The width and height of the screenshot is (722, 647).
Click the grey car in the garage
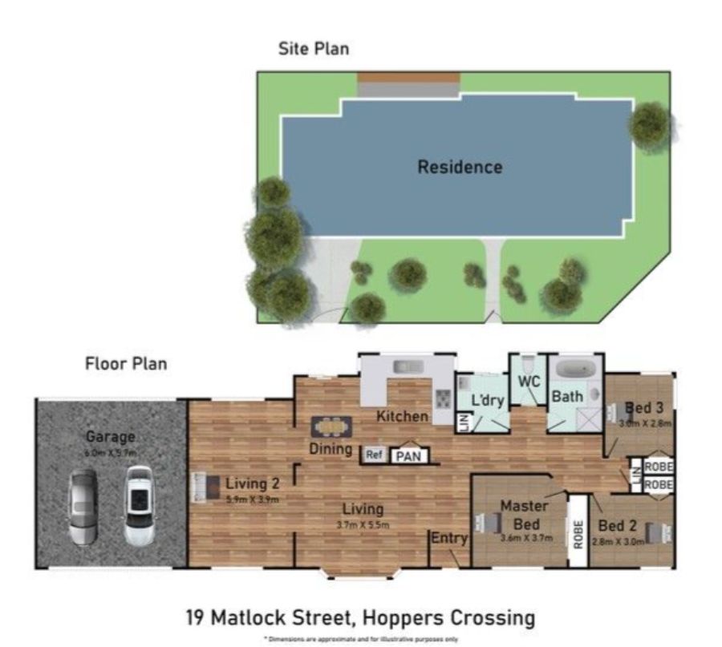pyautogui.click(x=84, y=507)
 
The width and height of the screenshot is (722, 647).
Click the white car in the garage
pyautogui.click(x=138, y=507)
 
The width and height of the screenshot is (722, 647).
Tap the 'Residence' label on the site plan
pyautogui.click(x=460, y=167)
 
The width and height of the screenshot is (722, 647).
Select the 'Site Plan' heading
pyautogui.click(x=313, y=49)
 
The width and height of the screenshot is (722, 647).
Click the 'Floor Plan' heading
pyautogui.click(x=126, y=363)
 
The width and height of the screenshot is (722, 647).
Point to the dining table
pyautogui.click(x=332, y=426)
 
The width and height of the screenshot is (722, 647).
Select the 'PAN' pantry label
pyautogui.click(x=408, y=456)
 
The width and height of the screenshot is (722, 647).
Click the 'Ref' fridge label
pyautogui.click(x=374, y=455)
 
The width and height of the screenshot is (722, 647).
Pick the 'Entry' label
pyautogui.click(x=448, y=538)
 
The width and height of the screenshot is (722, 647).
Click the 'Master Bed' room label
pyautogui.click(x=524, y=513)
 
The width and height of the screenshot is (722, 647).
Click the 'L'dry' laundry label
pyautogui.click(x=487, y=399)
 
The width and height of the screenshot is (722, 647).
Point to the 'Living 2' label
pyautogui.click(x=251, y=483)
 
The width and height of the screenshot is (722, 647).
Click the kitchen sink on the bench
pyautogui.click(x=407, y=366)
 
